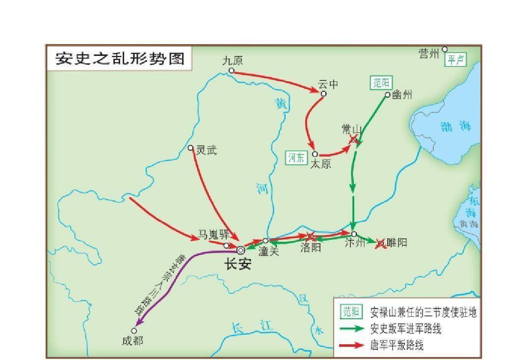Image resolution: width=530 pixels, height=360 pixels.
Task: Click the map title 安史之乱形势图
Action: point(120,58)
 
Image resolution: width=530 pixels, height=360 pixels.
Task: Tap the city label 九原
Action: point(232,61)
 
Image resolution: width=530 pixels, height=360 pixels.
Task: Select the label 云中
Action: point(328,84)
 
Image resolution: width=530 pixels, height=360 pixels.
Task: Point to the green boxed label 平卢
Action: point(455,60)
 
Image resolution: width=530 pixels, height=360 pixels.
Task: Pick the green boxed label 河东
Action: point(296,157)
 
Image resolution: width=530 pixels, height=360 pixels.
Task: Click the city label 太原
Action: point(321,164)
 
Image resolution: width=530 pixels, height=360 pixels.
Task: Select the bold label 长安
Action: point(238,264)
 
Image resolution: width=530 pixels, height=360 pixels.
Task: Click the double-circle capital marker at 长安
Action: point(240,250)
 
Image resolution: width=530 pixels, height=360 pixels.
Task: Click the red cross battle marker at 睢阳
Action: point(380,243)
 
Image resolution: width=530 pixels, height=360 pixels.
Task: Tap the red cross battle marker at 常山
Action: point(353,140)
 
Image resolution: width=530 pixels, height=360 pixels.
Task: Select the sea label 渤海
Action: point(455,127)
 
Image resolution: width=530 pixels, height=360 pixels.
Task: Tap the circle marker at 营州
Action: point(445,49)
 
